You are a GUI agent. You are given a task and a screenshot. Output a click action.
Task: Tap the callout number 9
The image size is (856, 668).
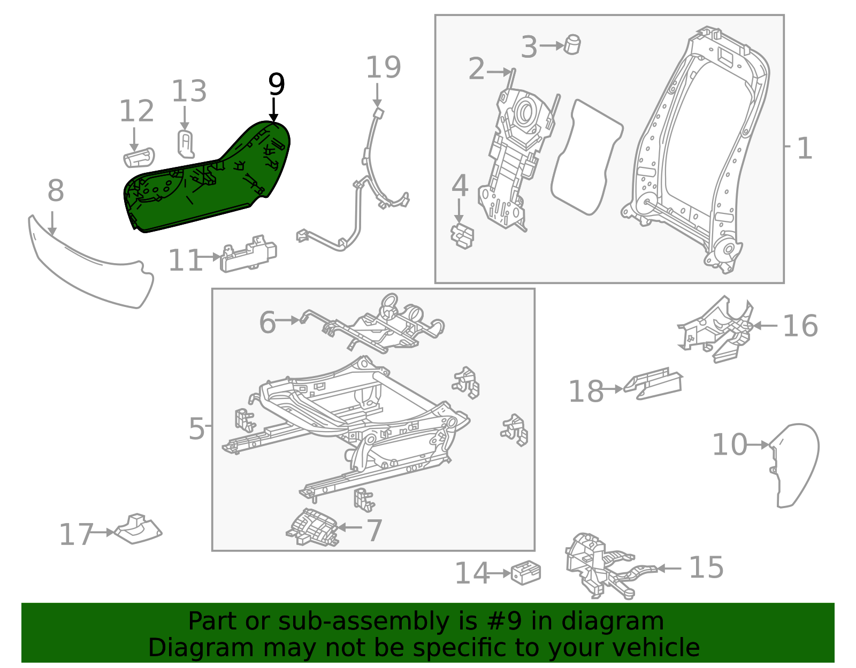coord(276,85)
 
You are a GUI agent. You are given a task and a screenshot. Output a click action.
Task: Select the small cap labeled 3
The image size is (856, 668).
coord(573,44)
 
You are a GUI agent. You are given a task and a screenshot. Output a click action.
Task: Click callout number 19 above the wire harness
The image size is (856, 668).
coord(383,68)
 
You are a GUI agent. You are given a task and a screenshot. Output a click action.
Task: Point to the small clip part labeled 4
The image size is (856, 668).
coord(462,236)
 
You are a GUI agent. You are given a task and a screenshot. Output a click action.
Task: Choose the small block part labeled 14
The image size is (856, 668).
coord(526,573)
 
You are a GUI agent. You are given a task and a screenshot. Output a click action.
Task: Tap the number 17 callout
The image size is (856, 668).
coord(75,534)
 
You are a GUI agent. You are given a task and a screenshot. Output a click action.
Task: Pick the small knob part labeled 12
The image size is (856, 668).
coord(139,158)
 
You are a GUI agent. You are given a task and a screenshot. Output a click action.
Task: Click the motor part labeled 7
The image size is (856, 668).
coord(313,528)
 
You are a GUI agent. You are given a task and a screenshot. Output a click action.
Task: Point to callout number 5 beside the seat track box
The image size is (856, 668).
coord(196,428)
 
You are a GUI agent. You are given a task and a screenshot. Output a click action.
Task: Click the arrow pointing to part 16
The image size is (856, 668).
coord(765,325)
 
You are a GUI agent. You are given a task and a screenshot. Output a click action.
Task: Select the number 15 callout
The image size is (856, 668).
coord(706,567)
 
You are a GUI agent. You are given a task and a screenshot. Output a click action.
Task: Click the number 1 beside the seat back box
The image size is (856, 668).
coord(804,148)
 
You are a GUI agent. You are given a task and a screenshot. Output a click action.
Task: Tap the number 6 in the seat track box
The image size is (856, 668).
coord(267,322)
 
